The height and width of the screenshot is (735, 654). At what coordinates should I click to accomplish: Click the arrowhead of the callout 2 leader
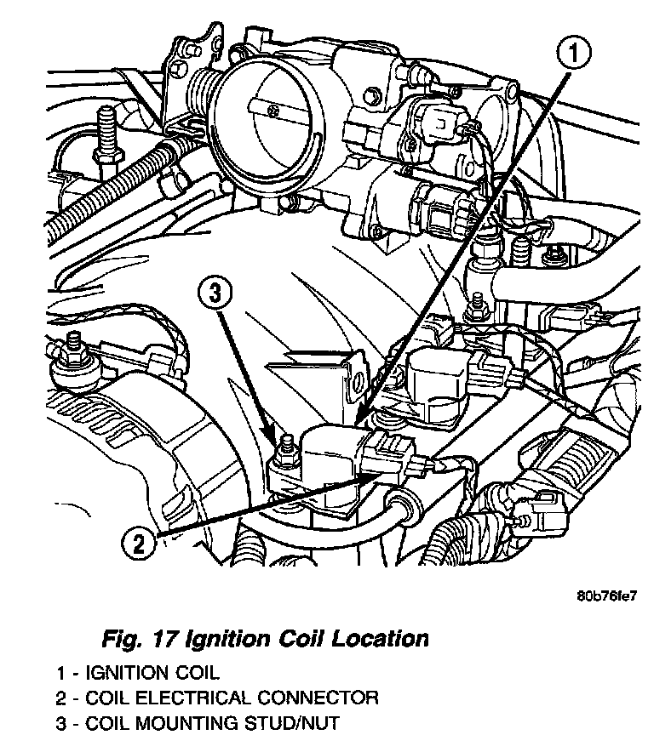click(371, 481)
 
